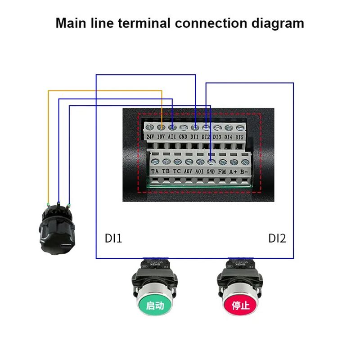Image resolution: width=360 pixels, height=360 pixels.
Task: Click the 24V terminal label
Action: [150, 136]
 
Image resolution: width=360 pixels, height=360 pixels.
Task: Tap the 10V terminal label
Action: [161, 136]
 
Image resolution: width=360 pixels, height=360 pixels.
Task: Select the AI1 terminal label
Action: [172, 136]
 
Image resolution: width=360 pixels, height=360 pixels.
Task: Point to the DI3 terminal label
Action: [217, 136]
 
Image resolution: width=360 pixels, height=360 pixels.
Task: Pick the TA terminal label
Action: [155, 171]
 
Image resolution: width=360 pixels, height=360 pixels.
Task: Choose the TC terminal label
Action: [177, 171]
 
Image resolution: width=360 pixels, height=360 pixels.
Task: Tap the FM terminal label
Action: [222, 171]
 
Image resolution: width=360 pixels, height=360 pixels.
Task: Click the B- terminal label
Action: [244, 171]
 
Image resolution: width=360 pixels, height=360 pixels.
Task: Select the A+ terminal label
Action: [233, 171]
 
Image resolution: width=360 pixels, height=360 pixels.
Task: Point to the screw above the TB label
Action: [166, 162]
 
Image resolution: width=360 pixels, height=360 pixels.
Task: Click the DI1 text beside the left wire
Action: [113, 238]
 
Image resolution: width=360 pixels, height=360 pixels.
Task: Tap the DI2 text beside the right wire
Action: [277, 238]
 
